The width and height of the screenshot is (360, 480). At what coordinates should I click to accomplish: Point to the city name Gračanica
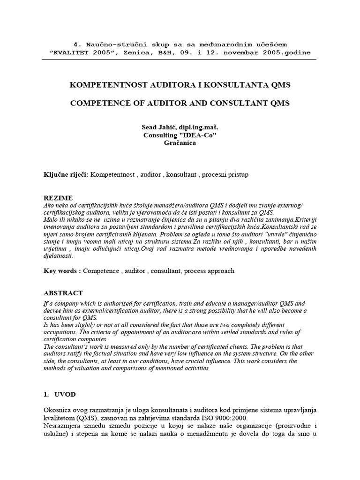click(180, 143)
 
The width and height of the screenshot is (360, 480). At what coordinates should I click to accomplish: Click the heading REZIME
click(58, 198)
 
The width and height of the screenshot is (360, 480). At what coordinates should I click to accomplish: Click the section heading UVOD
click(66, 394)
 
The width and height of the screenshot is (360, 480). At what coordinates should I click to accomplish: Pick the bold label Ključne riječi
click(65, 174)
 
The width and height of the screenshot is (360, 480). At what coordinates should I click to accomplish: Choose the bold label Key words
click(62, 270)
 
